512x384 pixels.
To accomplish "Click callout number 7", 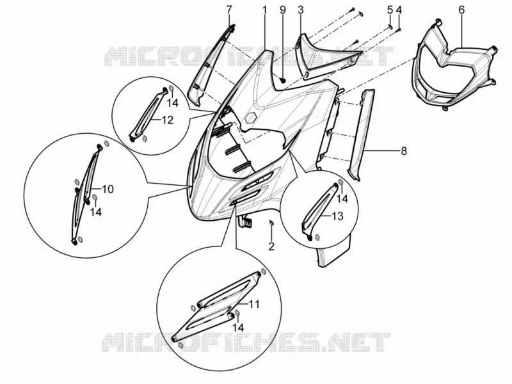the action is click(x=229, y=10).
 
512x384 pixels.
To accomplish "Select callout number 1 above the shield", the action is click(x=265, y=10).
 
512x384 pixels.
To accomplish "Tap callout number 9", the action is click(x=283, y=10).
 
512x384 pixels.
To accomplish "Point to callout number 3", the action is click(x=301, y=10).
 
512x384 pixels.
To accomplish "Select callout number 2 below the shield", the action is click(x=271, y=246).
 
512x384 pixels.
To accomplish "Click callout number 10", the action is click(x=108, y=189).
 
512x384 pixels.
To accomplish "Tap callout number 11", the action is click(x=253, y=305).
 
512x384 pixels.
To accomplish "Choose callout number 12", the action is click(x=167, y=120).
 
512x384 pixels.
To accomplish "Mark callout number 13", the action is click(x=338, y=216).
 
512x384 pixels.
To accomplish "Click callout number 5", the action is click(x=390, y=10).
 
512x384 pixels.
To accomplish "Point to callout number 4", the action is click(x=399, y=10).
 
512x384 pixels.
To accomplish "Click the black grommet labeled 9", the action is click(x=283, y=79).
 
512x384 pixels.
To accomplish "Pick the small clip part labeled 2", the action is click(x=271, y=223).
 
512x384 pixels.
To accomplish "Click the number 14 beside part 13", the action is click(x=342, y=198).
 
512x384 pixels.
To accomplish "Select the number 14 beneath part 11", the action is click(x=238, y=328).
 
